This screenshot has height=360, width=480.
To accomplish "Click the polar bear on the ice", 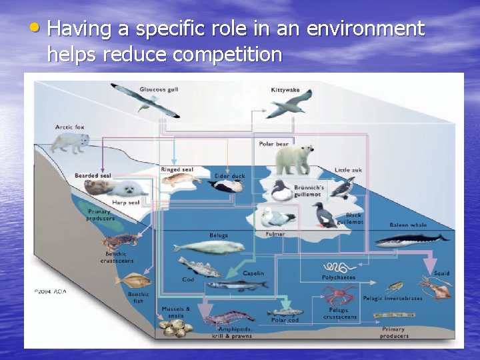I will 294,159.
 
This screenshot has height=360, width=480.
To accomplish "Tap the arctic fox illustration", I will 71,142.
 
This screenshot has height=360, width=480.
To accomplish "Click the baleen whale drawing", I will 410,239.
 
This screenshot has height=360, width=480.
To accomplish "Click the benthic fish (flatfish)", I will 133,280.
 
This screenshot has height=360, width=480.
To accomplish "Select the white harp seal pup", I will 127,189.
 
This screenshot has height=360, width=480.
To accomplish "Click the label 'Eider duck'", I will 230,176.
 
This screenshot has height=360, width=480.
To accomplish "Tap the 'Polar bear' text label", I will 274,144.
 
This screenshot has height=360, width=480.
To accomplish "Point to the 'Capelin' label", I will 253,273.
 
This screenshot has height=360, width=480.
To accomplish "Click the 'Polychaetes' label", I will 339,277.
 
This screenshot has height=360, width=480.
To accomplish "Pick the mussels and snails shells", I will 175,327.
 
